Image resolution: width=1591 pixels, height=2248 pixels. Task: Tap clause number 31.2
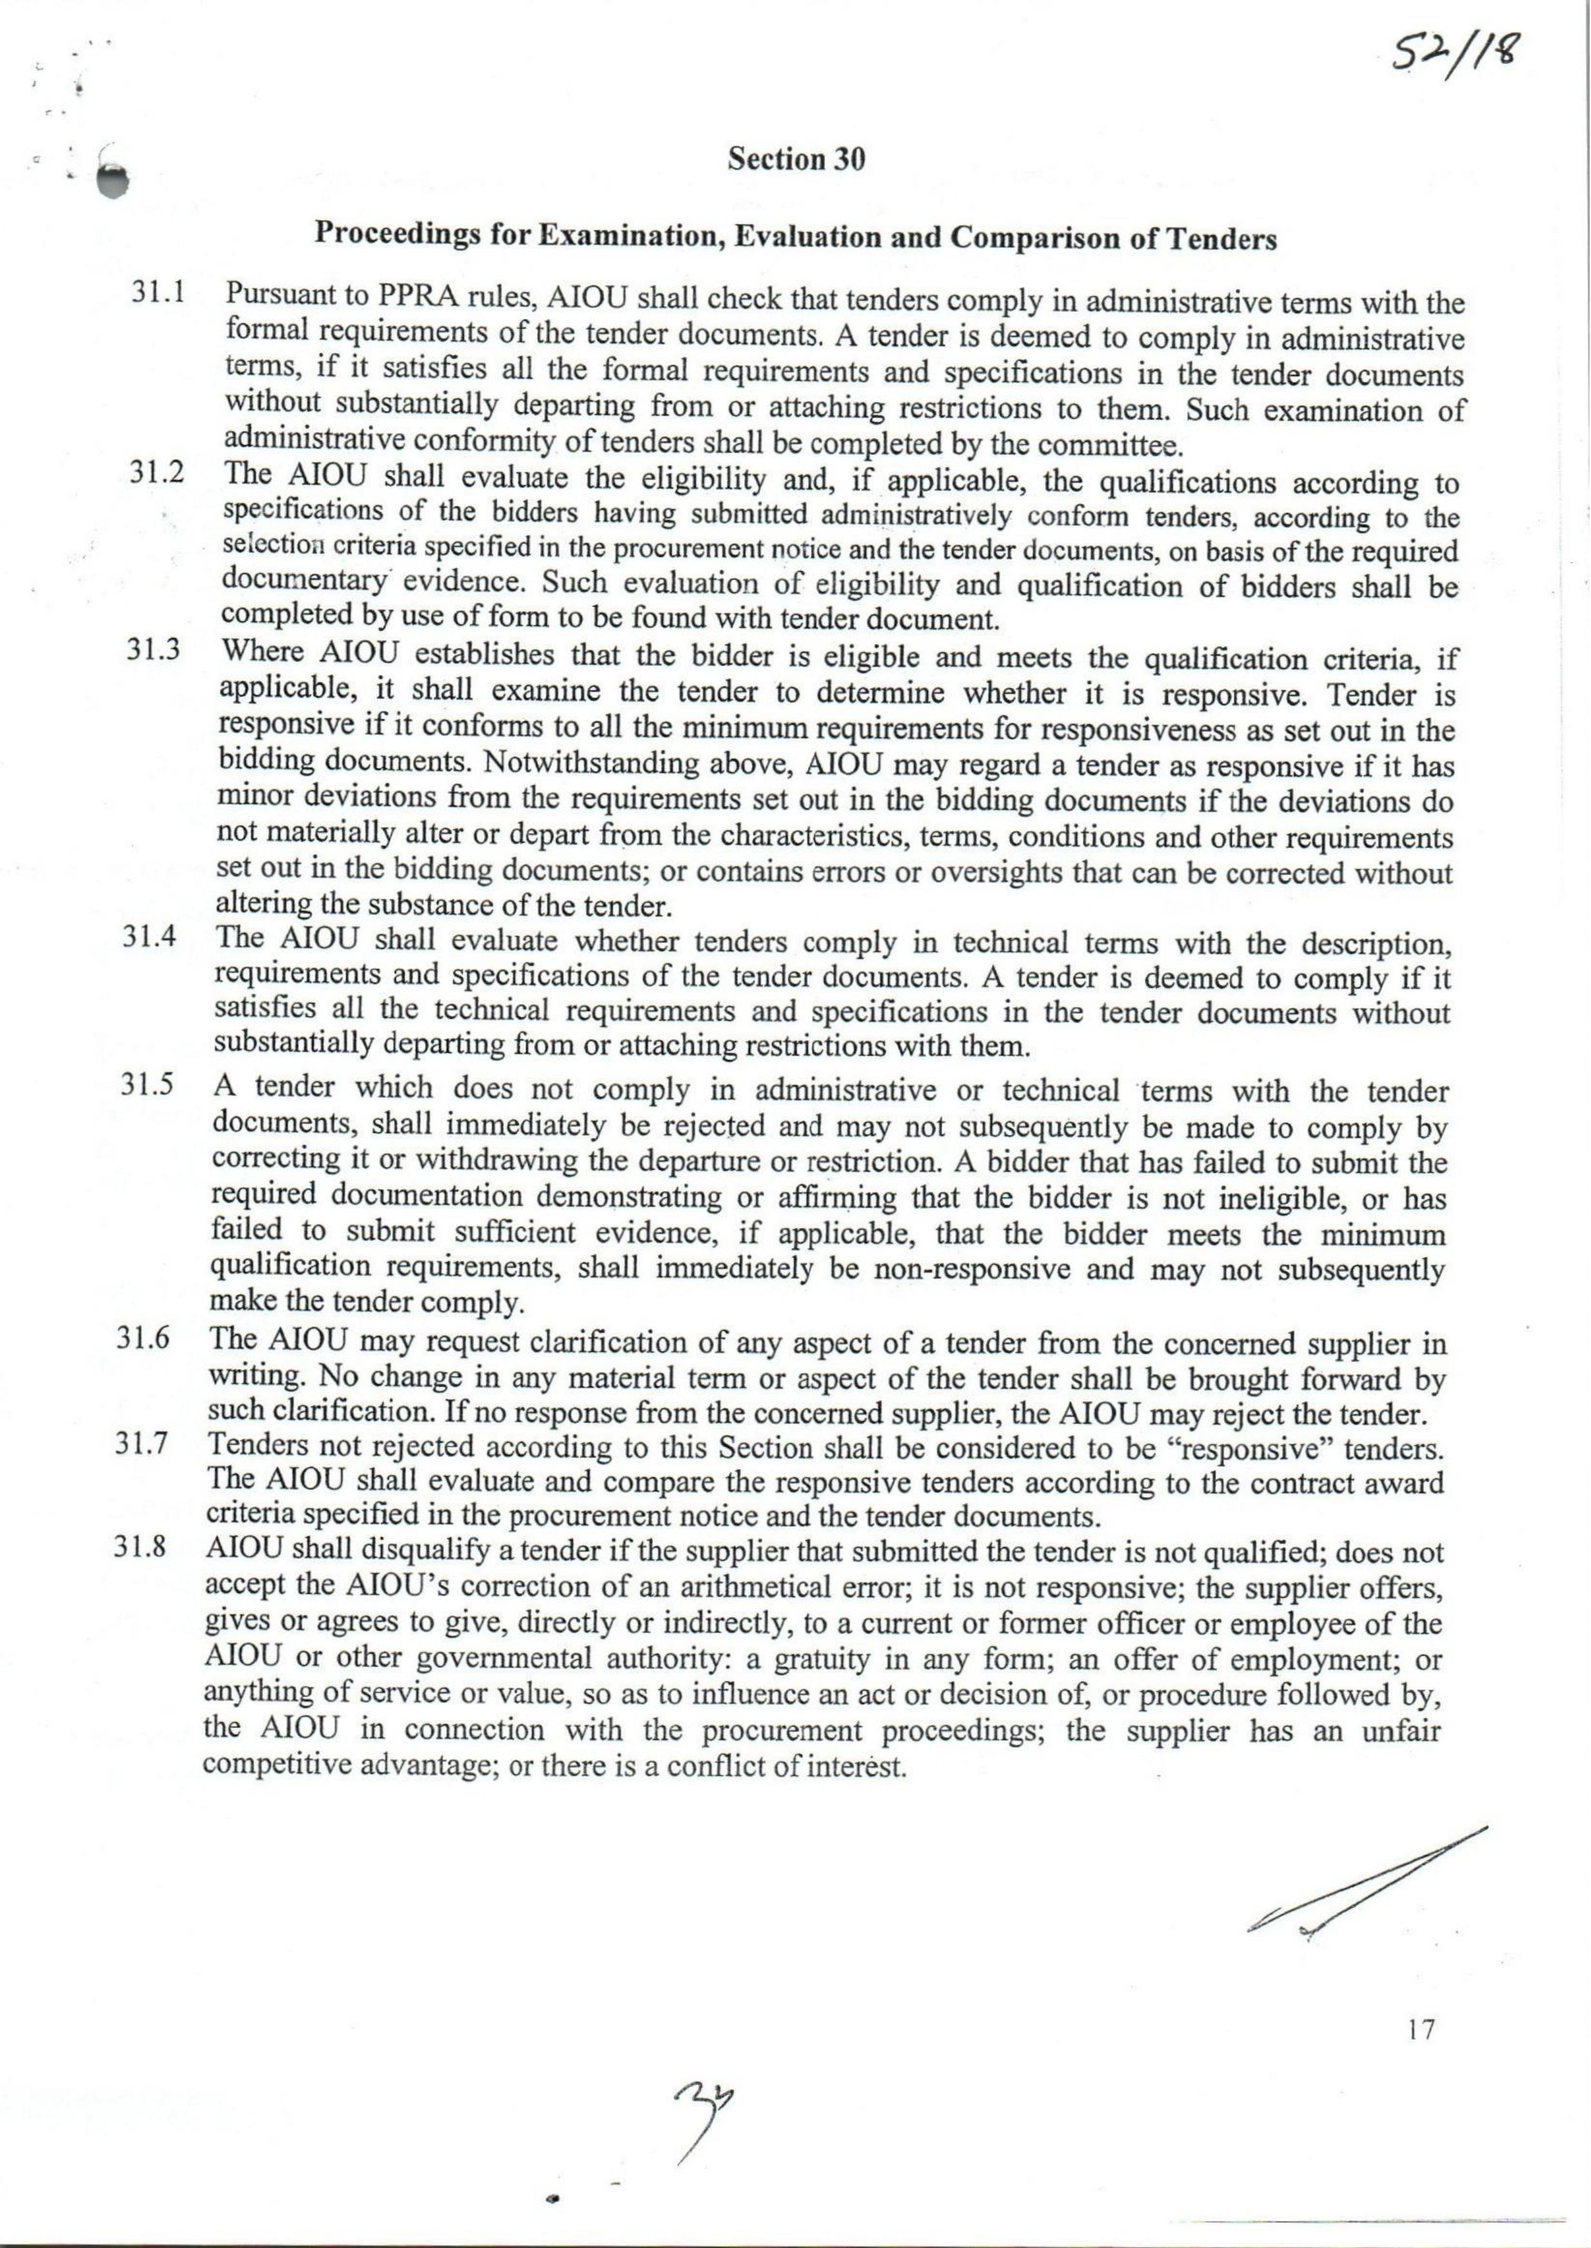[158, 472]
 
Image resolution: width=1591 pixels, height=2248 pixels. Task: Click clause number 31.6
[144, 1340]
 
